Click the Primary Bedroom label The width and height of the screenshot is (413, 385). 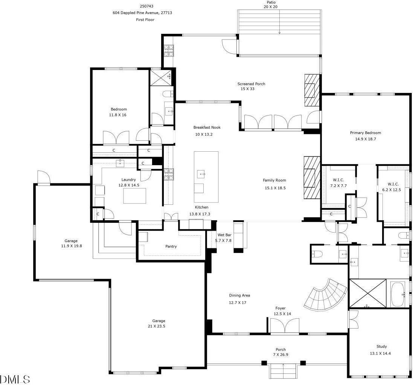point(365,132)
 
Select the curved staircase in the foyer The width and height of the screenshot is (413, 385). point(326,295)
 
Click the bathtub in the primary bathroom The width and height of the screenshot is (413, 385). point(399,294)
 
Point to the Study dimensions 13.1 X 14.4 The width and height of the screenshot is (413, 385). point(381,353)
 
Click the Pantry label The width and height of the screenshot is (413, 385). point(171,247)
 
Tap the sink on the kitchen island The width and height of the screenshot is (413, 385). point(201,173)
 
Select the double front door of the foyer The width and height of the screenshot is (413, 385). point(285,326)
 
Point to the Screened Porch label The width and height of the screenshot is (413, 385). point(251,84)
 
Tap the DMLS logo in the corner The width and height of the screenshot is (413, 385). point(15,378)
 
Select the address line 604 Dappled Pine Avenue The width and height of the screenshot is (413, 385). point(142,13)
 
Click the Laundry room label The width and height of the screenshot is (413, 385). point(128,180)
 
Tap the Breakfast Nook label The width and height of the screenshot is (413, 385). point(207,127)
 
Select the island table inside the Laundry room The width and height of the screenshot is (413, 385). point(134,196)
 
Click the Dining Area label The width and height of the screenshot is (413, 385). point(239,295)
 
